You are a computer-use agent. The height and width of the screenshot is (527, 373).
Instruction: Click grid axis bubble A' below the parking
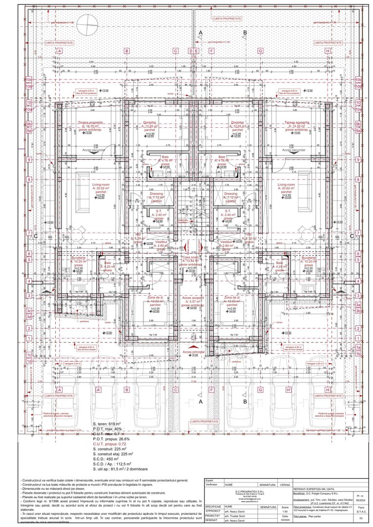click(x=99, y=390)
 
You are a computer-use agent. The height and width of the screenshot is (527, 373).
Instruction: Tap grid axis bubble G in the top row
click(x=261, y=51)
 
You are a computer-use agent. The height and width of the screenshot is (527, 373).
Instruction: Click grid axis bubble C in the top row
click(x=175, y=51)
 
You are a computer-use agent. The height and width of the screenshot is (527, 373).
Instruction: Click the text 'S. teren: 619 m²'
click(x=106, y=424)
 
